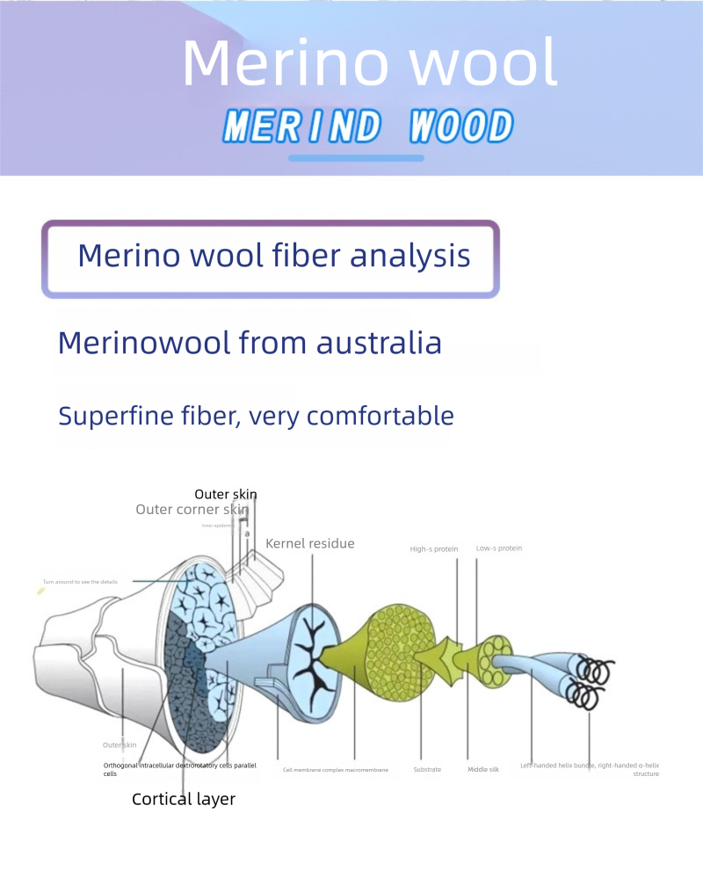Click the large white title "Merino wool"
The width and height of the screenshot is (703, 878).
point(369,63)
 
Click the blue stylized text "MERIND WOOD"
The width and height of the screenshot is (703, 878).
point(368,127)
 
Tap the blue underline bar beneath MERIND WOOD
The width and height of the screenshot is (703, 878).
point(356,158)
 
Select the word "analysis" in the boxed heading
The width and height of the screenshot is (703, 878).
point(409,256)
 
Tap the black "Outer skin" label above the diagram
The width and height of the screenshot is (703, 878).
point(226,495)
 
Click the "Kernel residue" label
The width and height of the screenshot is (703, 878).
point(310,543)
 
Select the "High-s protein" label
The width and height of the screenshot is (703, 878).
point(434,549)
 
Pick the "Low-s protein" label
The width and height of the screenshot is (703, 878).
point(499,548)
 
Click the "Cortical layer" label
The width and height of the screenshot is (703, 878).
point(184,799)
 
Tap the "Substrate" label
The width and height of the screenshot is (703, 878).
point(427,770)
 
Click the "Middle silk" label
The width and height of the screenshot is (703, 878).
point(483,770)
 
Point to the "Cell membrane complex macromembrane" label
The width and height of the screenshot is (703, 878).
point(335,770)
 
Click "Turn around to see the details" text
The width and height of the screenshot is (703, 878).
point(80,582)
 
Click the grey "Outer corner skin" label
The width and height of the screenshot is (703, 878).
point(192,510)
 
